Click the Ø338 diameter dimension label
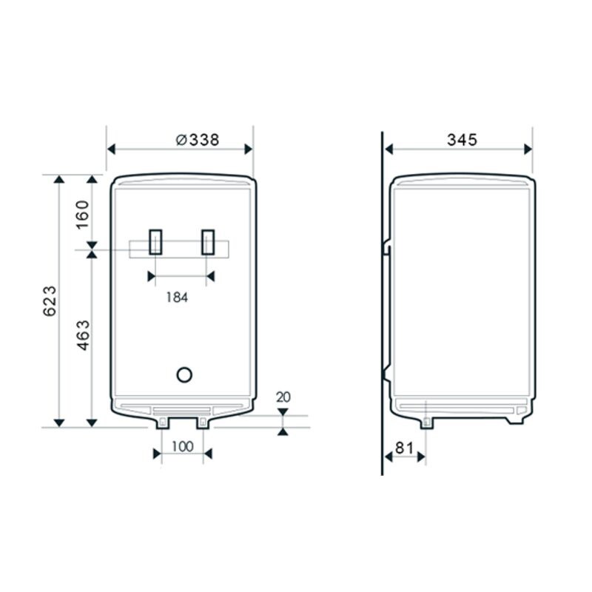pos(198,140)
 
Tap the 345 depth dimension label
pos(462,140)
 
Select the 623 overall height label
pos(50,301)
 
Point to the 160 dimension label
pos(82,214)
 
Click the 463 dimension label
pos(83,335)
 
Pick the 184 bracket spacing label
pos(177,297)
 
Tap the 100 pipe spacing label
pos(182,447)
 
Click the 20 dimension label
pos(283,397)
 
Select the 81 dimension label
pos(404,448)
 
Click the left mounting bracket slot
pos(155,242)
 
